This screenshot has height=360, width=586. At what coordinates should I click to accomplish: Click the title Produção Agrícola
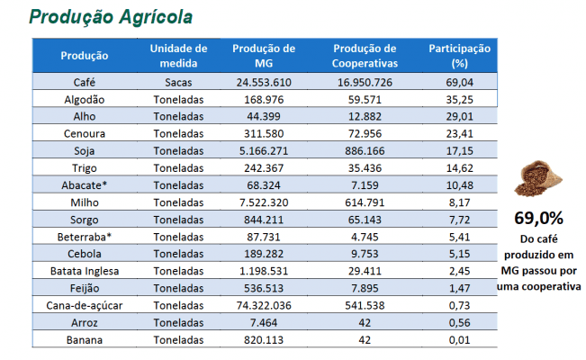coord(111,17)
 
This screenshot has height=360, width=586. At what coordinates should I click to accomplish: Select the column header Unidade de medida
coord(178,56)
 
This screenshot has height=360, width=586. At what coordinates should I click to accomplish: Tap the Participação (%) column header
coord(459,56)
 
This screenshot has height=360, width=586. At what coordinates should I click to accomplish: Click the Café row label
coord(85,82)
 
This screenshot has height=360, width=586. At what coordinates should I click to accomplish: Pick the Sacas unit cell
coord(178,82)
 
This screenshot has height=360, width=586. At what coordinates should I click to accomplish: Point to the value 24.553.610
coord(264,82)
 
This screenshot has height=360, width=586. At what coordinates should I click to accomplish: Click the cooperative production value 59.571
coord(365,99)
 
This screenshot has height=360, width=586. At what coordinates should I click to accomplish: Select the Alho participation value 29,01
coord(460,116)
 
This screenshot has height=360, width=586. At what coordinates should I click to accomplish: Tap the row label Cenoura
coord(85,133)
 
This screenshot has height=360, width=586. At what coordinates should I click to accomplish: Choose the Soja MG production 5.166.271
coord(264,150)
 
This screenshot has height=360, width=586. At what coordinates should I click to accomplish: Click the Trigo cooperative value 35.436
coord(365,168)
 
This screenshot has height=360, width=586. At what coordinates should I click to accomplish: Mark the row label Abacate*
coord(85,185)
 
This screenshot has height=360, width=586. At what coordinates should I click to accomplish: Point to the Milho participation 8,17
coord(460,202)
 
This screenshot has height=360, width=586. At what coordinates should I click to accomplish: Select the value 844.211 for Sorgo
coord(264,220)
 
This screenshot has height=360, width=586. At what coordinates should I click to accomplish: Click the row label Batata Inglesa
coord(85,271)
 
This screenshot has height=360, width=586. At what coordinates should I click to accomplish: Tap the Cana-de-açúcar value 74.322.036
coord(264,305)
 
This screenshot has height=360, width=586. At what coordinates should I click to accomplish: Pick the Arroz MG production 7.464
coord(264,322)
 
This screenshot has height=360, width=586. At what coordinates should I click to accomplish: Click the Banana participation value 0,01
coord(460,340)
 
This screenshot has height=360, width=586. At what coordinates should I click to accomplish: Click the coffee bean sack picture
coord(538,178)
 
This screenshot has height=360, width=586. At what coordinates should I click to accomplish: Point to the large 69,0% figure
coord(538,219)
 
